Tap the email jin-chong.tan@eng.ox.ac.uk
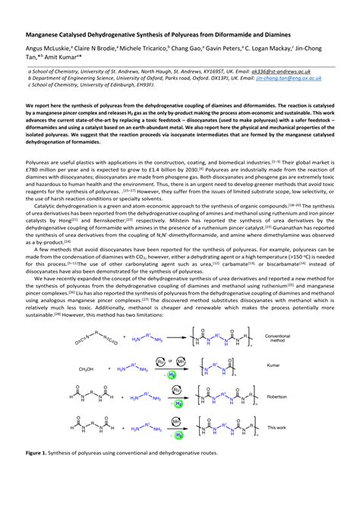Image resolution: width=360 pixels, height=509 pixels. pyautogui.click(x=289, y=77)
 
